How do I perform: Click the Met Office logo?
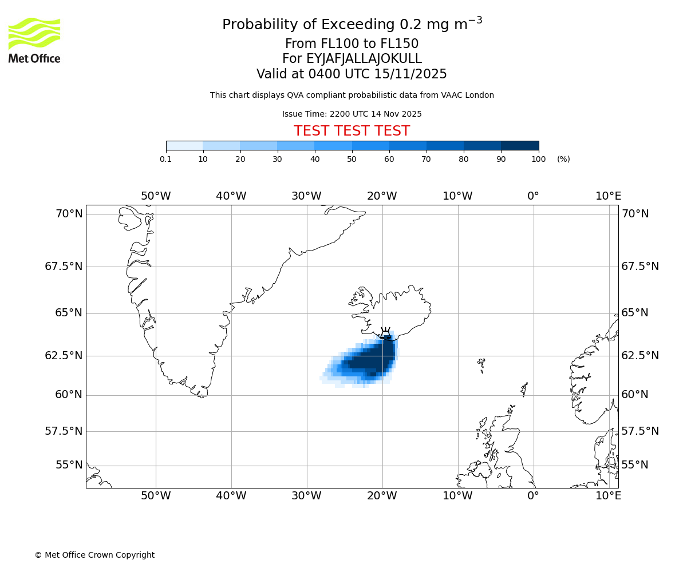click(x=34, y=40)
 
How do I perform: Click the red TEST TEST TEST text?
click(x=352, y=131)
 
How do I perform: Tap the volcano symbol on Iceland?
click(x=385, y=332)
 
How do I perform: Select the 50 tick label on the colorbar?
click(x=352, y=159)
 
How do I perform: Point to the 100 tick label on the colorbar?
click(x=538, y=159)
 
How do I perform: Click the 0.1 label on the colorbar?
click(x=166, y=159)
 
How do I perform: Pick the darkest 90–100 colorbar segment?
click(x=520, y=145)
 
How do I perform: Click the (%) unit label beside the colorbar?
click(x=563, y=159)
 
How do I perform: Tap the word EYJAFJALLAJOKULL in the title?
click(x=364, y=59)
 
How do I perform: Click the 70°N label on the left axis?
click(x=69, y=214)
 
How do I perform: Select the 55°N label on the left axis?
click(x=69, y=465)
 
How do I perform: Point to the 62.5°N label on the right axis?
click(x=640, y=356)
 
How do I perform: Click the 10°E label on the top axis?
click(x=608, y=196)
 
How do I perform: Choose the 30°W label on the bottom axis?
click(x=306, y=496)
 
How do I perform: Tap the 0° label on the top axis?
click(x=533, y=196)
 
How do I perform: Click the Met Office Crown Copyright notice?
click(x=94, y=555)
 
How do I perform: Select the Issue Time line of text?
click(x=352, y=114)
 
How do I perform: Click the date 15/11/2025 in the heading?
click(x=410, y=74)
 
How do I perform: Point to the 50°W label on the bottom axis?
click(x=156, y=496)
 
